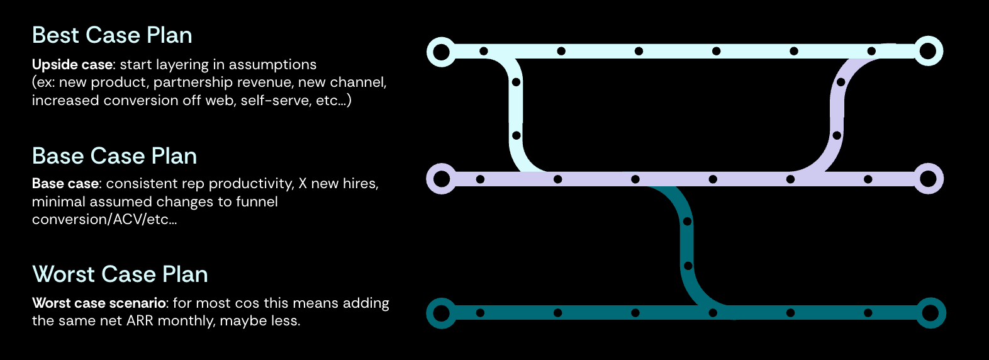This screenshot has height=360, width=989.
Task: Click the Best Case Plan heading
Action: coord(112,35)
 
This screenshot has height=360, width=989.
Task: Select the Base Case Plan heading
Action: coord(115,156)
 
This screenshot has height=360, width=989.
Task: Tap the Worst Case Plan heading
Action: coord(120,274)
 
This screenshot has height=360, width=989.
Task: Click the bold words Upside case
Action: coord(72,65)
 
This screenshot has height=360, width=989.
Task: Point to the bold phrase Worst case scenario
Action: coord(99,303)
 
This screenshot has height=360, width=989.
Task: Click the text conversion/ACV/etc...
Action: coord(104,220)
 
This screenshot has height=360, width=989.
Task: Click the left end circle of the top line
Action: coord(442,52)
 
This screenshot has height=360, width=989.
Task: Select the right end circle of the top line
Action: coord(928,51)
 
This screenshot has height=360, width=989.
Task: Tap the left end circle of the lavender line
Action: coord(442,179)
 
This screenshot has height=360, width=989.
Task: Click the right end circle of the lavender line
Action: coord(928,179)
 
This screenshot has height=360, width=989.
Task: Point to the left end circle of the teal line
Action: coord(442,313)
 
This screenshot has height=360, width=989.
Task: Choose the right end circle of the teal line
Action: coord(930,313)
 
